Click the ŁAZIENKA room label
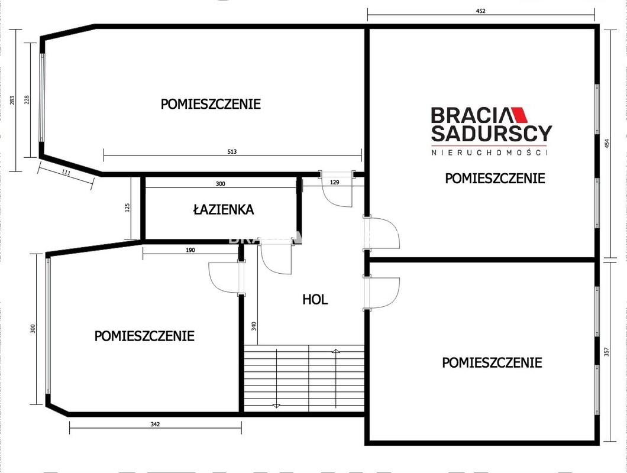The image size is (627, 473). tap(224, 209)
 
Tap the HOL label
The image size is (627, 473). tap(315, 299)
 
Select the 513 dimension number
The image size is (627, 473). tap(232, 151)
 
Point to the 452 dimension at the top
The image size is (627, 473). tap(481, 11)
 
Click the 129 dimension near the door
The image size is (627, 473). tap(334, 182)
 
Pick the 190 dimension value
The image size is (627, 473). tap(190, 250)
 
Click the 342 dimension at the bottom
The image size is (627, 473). tap(155, 424)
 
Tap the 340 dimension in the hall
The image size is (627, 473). tap(254, 326)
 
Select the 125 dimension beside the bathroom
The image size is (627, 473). tap(128, 208)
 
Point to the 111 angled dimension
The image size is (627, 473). tap(66, 173)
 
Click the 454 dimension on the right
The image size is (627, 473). tap(607, 144)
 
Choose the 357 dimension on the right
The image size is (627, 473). tap(607, 352)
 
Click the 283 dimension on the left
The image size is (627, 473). tap(12, 100)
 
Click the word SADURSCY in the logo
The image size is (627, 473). tap(492, 134)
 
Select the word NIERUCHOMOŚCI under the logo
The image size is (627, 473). tap(489, 153)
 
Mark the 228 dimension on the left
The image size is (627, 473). tap(27, 100)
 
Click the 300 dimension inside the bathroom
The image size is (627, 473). tap(220, 184)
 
